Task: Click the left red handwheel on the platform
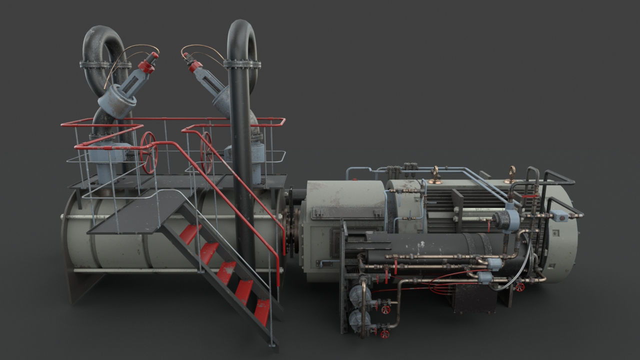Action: pyautogui.click(x=148, y=152)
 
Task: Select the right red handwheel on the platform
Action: pyautogui.click(x=206, y=152)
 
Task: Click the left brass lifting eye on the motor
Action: pyautogui.click(x=435, y=174)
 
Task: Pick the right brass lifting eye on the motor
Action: pyautogui.click(x=510, y=174)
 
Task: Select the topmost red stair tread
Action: pyautogui.click(x=190, y=233)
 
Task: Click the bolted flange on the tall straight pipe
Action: pyautogui.click(x=242, y=64)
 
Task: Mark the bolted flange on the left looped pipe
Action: pyautogui.click(x=105, y=64)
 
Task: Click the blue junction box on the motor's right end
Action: pyautogui.click(x=558, y=216)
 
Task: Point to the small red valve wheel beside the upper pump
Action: pyautogui.click(x=385, y=309)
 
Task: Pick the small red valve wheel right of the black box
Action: pyautogui.click(x=520, y=287)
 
